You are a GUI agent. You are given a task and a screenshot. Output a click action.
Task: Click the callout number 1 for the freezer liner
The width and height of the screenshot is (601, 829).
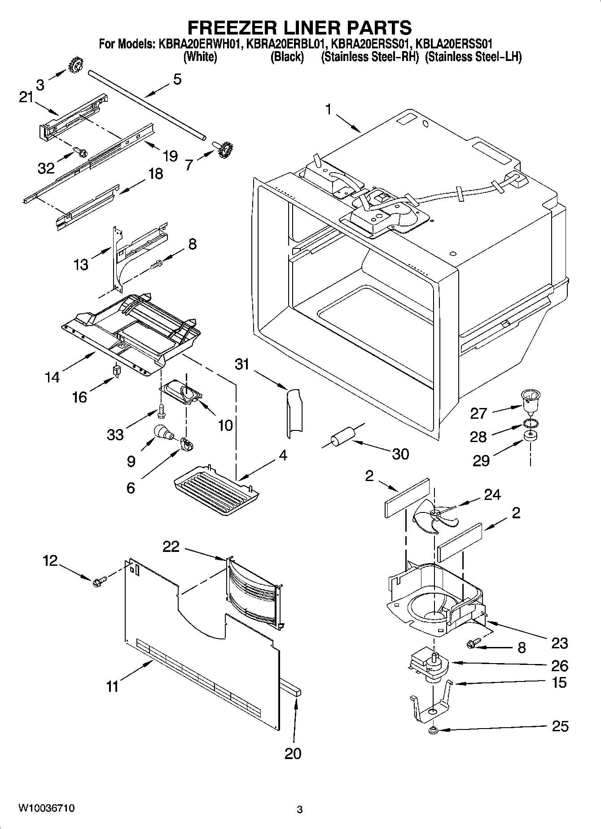(x=329, y=109)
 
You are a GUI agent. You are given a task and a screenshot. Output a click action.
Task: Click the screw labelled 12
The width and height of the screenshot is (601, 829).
(x=99, y=582)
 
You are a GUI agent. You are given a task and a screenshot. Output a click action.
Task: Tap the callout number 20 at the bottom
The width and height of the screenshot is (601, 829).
(x=293, y=754)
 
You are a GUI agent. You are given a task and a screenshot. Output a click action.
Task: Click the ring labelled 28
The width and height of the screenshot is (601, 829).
(x=530, y=423)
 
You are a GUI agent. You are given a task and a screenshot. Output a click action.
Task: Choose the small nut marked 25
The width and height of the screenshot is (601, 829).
(x=434, y=731)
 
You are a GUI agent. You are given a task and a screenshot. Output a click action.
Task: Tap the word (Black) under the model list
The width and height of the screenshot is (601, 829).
(x=287, y=57)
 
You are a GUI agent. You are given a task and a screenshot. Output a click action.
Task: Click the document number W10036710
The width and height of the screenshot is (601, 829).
(x=47, y=808)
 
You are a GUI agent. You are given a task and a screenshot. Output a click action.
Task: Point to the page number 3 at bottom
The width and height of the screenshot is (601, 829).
(x=300, y=809)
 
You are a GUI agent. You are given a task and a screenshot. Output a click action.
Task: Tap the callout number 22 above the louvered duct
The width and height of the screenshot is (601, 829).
(x=171, y=547)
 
